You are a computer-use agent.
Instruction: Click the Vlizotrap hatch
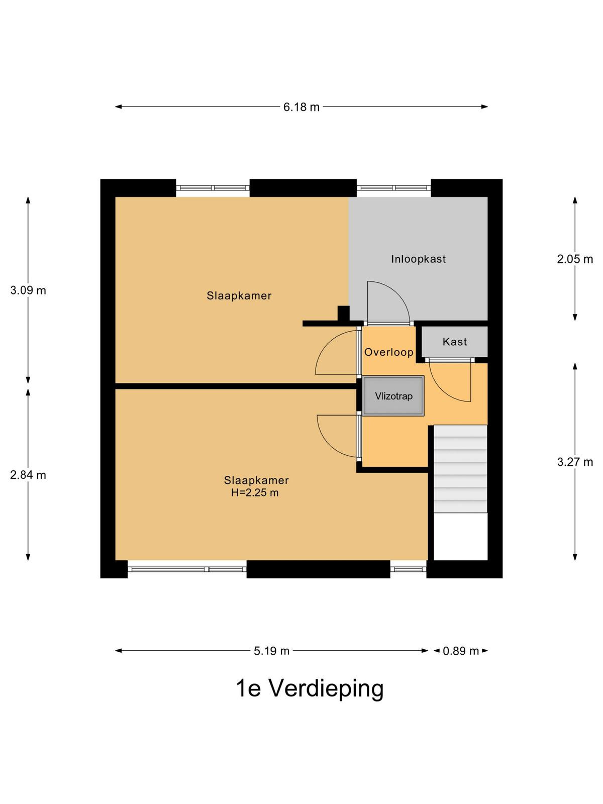[x=393, y=396]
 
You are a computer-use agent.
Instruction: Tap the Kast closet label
[x=455, y=342]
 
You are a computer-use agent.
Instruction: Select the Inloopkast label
[x=419, y=259]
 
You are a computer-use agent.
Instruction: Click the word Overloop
[x=389, y=352]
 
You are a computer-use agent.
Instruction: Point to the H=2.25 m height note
[x=255, y=492]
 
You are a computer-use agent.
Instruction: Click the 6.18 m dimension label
[x=301, y=107]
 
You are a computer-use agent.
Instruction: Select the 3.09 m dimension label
[x=28, y=290]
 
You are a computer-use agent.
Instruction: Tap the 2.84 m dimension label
[x=28, y=475]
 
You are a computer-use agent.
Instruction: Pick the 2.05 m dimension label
[x=575, y=259]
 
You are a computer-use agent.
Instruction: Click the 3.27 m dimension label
[x=575, y=462]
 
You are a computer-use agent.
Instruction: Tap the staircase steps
[x=461, y=469]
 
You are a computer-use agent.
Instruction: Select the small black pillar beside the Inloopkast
[x=343, y=313]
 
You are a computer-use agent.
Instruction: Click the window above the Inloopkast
[x=393, y=188]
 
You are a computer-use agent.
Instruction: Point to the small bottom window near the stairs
[x=408, y=569]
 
